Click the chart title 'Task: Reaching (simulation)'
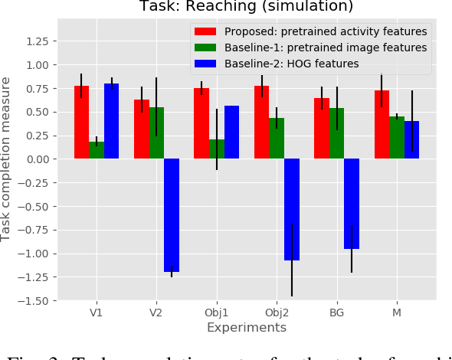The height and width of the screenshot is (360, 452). pyautogui.click(x=246, y=7)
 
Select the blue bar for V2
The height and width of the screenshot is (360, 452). pyautogui.click(x=172, y=215)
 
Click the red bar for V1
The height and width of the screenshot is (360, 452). pyautogui.click(x=82, y=123)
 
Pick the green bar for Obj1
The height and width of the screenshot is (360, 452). pyautogui.click(x=217, y=149)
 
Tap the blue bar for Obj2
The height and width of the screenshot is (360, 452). pyautogui.click(x=292, y=209)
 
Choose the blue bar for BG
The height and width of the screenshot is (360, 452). pyautogui.click(x=352, y=204)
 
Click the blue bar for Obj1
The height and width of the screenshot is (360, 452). pyautogui.click(x=231, y=133)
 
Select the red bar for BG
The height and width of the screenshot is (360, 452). pyautogui.click(x=322, y=129)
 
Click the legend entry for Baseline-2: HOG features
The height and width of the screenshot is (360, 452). pyautogui.click(x=291, y=64)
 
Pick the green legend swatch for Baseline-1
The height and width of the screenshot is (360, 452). pyautogui.click(x=205, y=47)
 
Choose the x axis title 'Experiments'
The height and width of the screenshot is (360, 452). pyautogui.click(x=247, y=328)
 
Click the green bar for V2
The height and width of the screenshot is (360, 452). pyautogui.click(x=157, y=133)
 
